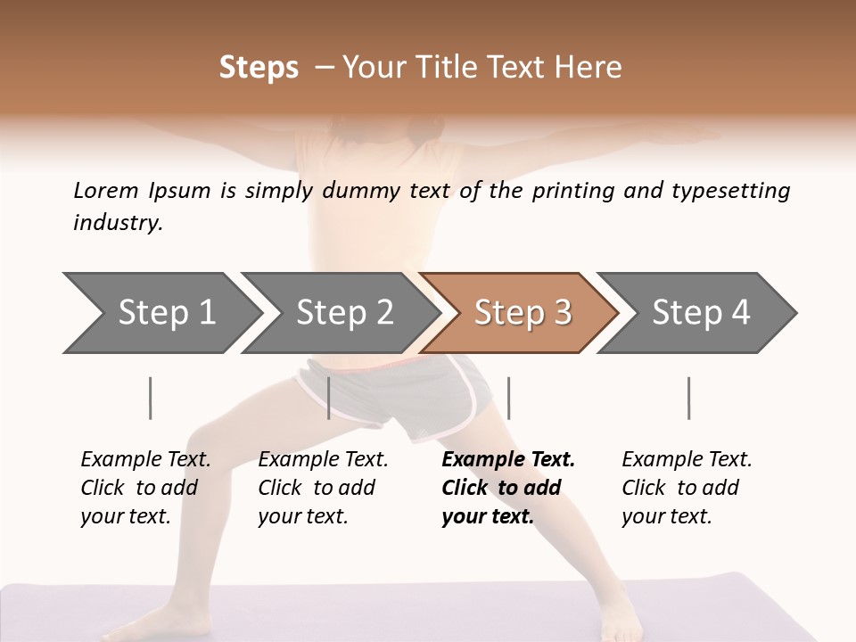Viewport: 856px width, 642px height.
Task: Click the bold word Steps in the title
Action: tap(259, 68)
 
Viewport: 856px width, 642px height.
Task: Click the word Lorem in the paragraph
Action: tap(106, 190)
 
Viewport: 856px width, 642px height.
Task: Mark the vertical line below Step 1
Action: tap(151, 398)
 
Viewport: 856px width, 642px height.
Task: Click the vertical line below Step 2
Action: tap(329, 398)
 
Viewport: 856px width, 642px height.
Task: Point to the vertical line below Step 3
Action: tap(508, 398)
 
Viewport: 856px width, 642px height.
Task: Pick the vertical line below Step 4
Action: tap(689, 398)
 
